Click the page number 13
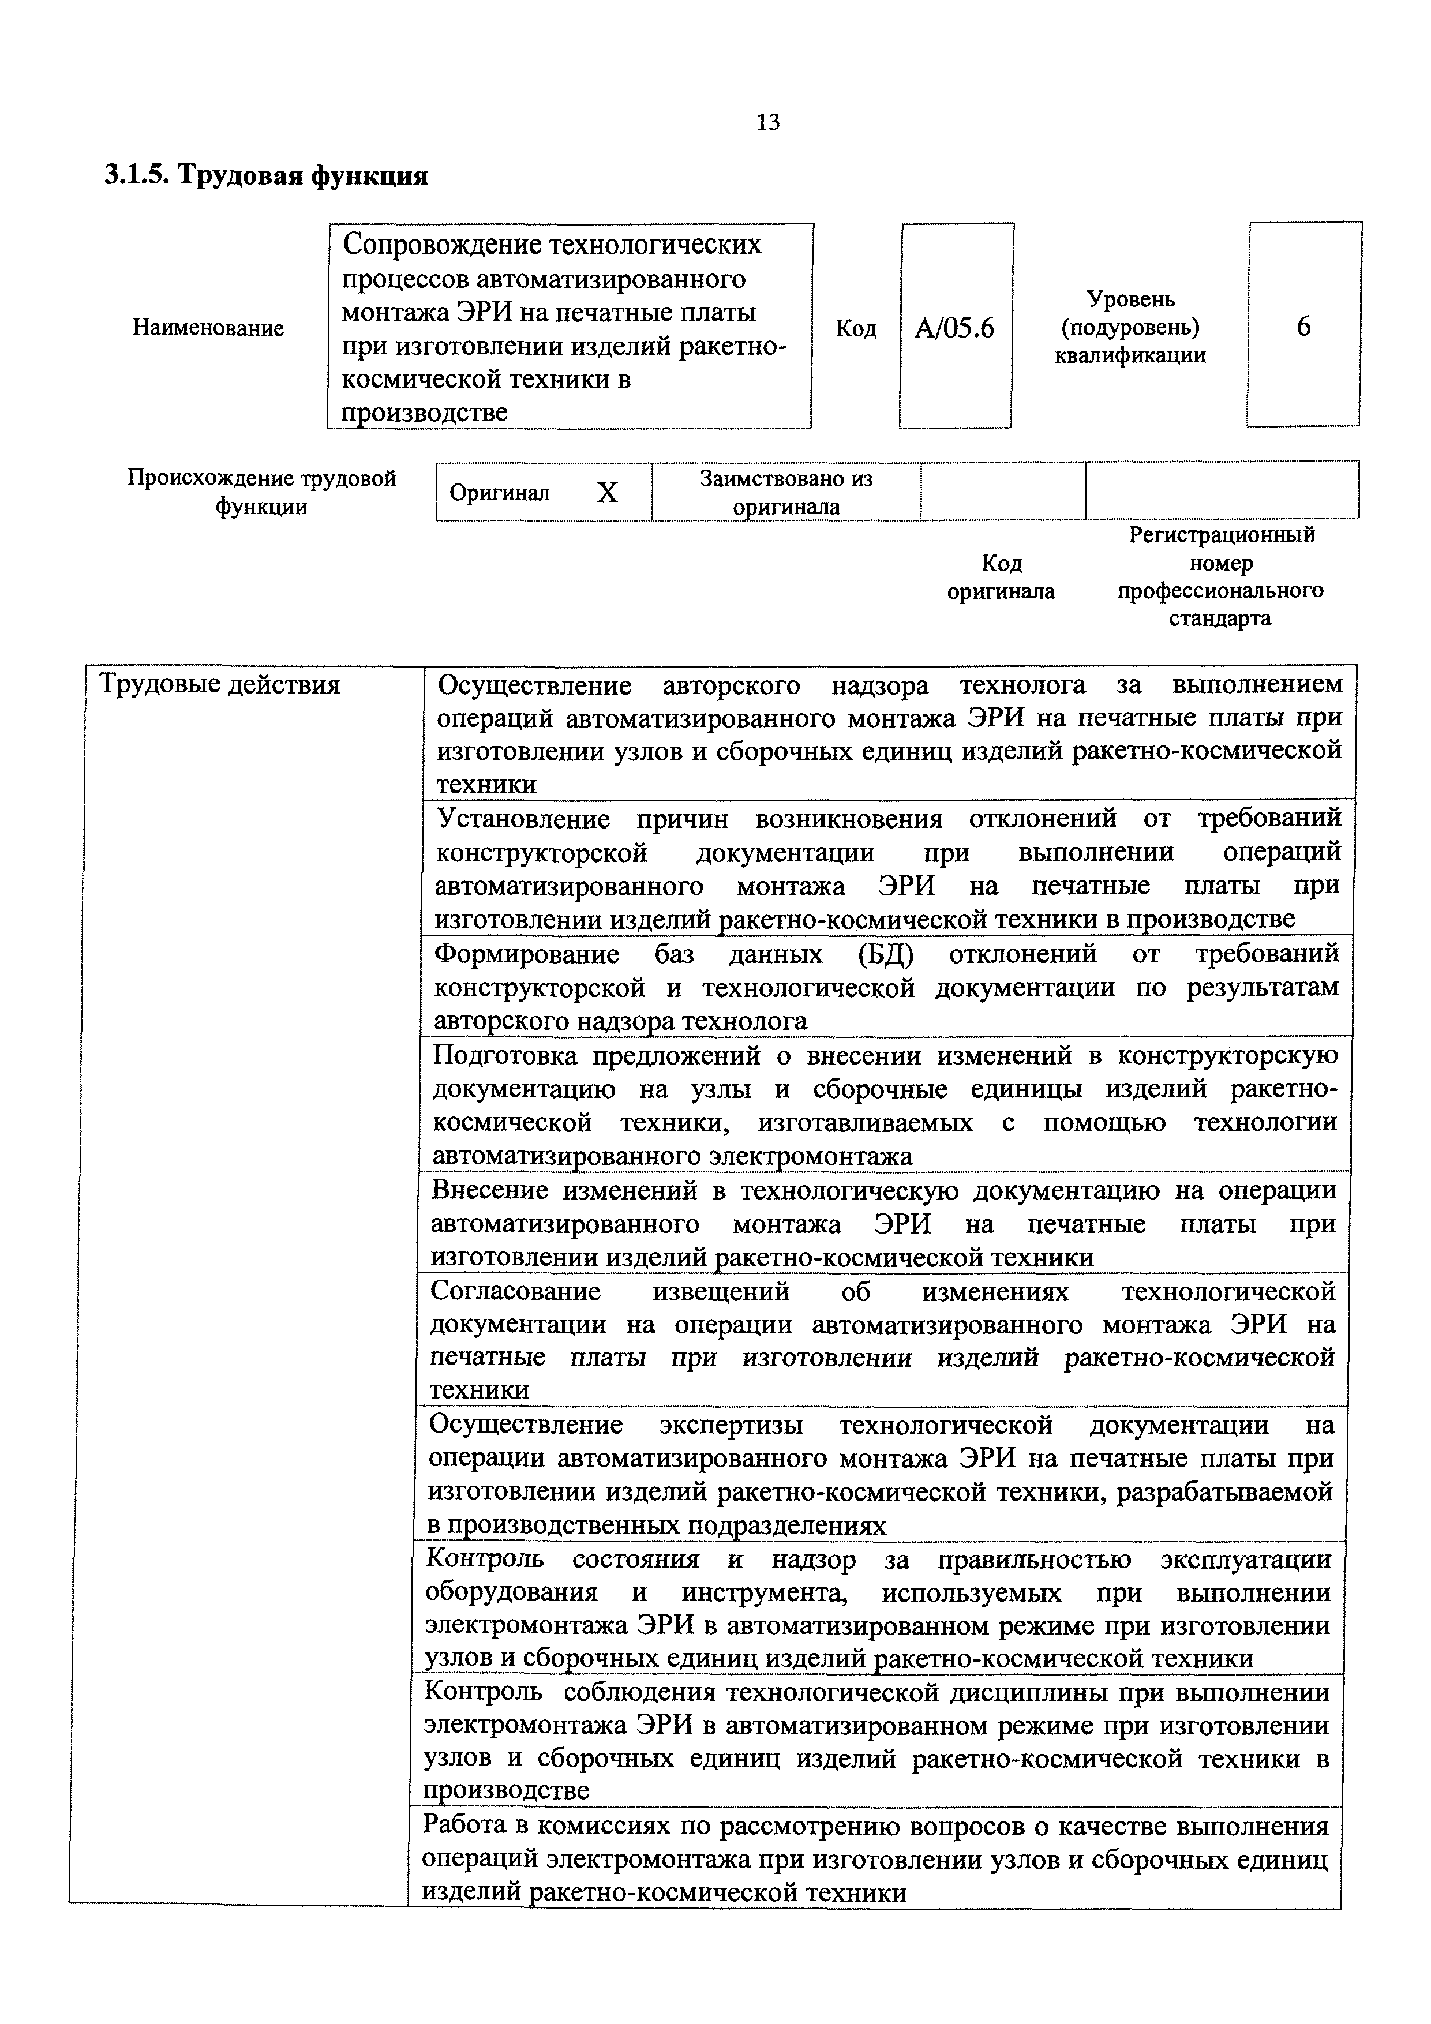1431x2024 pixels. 768,122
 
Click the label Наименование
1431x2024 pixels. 208,328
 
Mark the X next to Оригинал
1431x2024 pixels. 608,493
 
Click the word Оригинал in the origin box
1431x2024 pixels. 499,493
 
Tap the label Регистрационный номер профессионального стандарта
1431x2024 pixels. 1221,576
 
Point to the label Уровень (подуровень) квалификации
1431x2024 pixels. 1130,327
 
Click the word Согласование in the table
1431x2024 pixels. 516,1291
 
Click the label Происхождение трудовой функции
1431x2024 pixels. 262,492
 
